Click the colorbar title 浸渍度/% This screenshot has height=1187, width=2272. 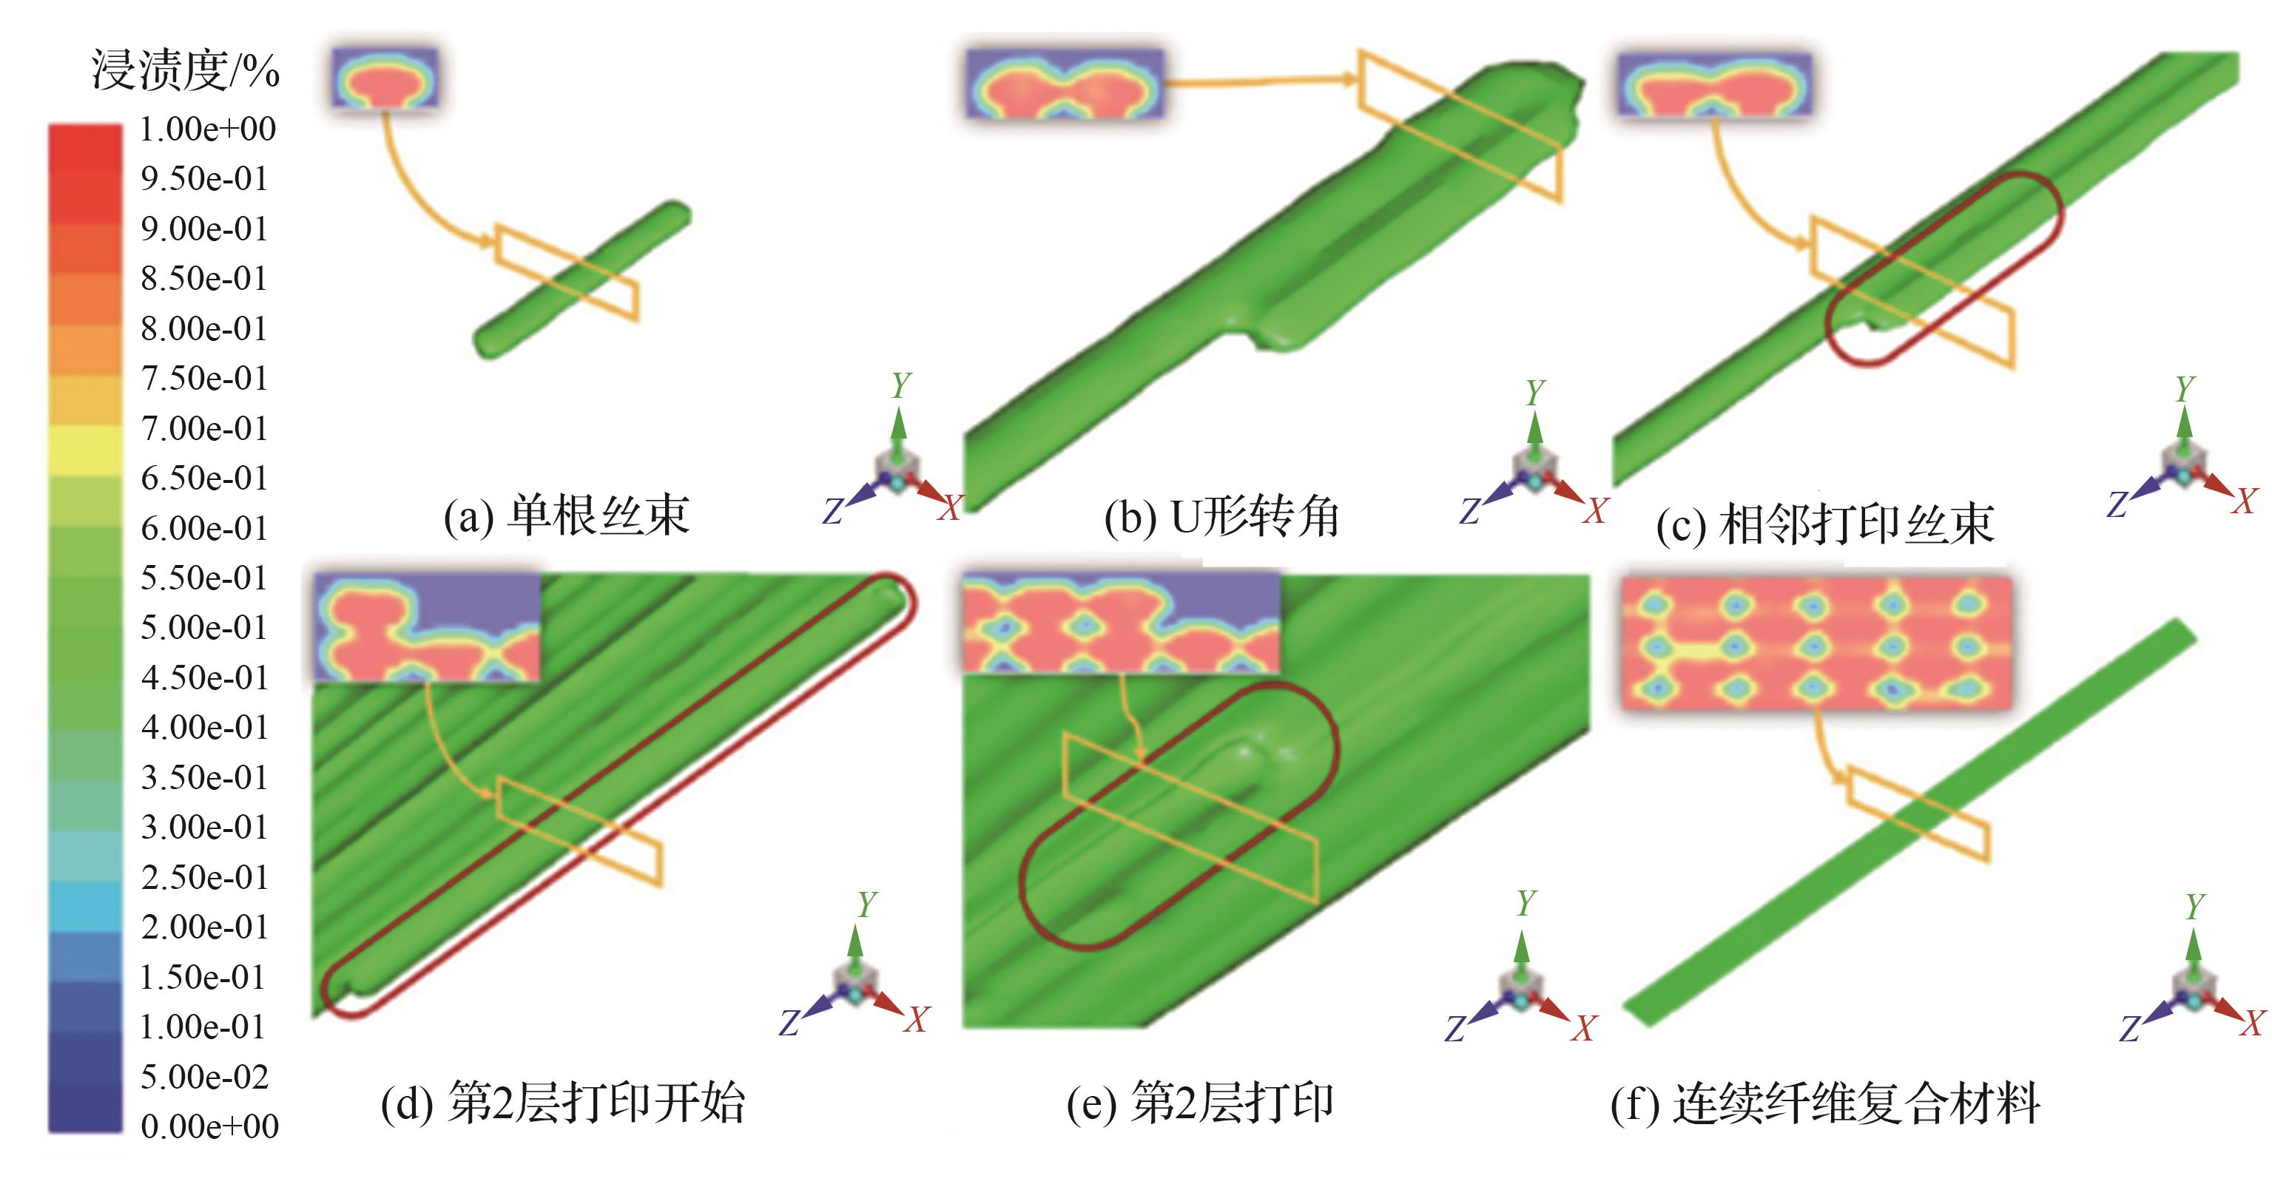pos(185,70)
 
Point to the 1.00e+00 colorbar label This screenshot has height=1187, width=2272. pos(208,129)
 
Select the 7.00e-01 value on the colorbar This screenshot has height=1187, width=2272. pos(205,429)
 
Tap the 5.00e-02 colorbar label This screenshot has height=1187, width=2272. pos(205,1077)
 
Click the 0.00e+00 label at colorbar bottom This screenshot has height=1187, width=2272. pos(210,1126)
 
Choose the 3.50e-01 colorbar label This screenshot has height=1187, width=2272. pos(205,778)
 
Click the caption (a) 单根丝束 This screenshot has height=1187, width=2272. pos(566,516)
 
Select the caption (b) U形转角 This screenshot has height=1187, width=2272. pos(1221,518)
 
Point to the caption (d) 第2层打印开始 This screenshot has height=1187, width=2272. pos(563,1103)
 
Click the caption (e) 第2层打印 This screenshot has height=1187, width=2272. pos(1199,1103)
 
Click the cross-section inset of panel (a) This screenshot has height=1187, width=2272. pos(385,78)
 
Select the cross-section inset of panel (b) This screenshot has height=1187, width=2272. pos(1065,84)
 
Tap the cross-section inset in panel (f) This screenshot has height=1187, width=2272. pos(1817,643)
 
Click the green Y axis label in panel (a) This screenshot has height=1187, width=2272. pos(900,385)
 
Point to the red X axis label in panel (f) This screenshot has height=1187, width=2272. pos(2254,1023)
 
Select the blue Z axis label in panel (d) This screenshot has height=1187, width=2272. pos(788,1023)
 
